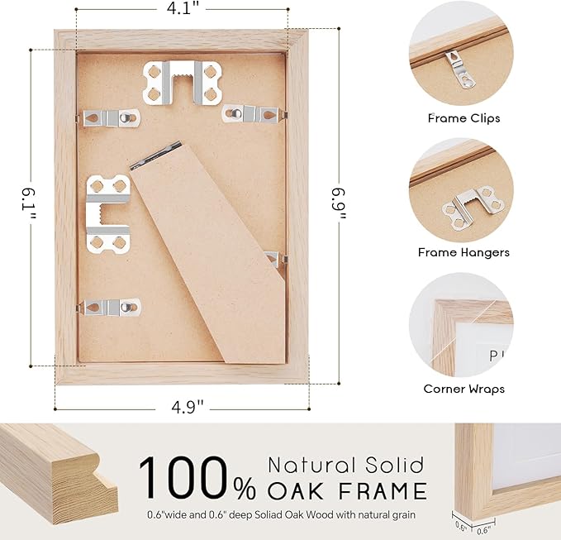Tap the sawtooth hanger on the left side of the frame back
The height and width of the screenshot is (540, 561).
(x=108, y=212)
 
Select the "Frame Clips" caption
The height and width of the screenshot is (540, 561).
(x=464, y=118)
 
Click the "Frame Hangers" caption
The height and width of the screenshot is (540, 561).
(x=464, y=252)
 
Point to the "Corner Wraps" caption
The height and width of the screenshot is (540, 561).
(x=464, y=388)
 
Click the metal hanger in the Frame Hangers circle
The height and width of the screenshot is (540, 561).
(x=471, y=203)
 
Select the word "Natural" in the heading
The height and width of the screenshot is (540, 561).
(x=312, y=465)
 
